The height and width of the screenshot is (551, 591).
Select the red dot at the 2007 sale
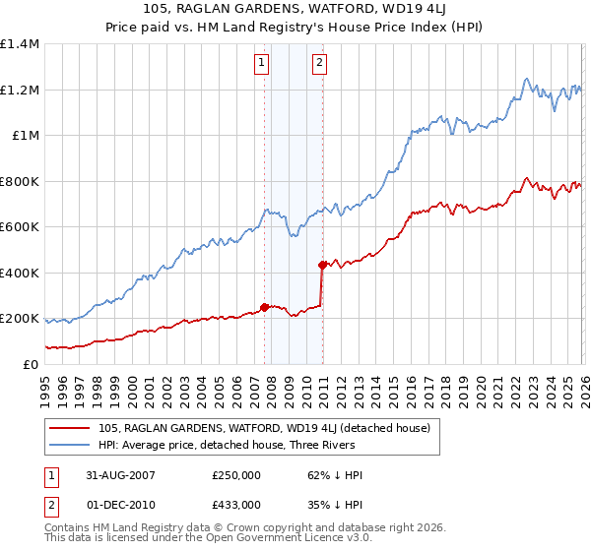[264, 306]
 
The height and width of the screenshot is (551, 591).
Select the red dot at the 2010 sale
[322, 265]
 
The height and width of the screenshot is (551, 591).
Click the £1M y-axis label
[26, 136]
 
